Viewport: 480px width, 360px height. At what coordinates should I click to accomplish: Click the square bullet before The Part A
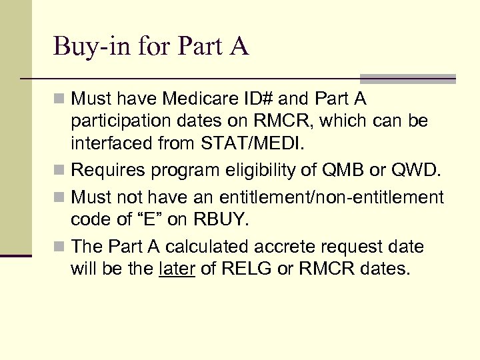61,247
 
